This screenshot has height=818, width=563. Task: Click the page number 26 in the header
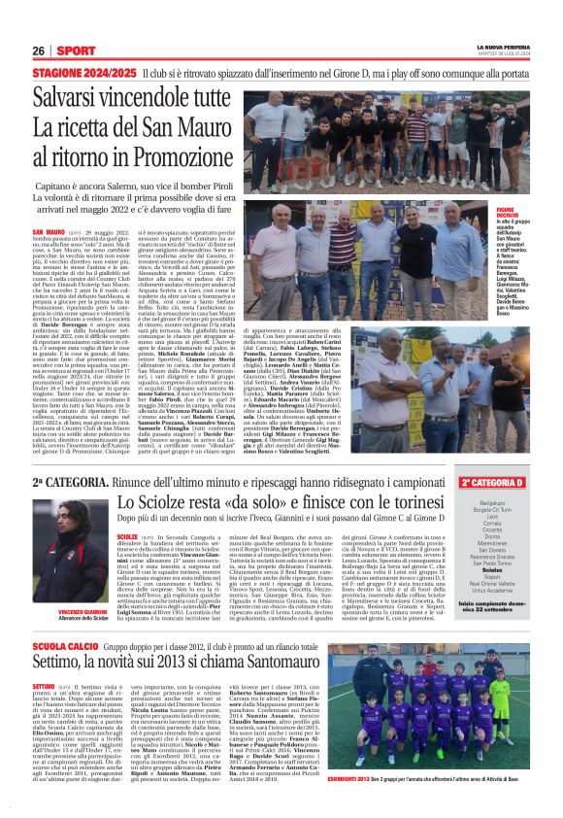point(39,51)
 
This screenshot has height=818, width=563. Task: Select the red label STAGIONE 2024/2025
point(83,74)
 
